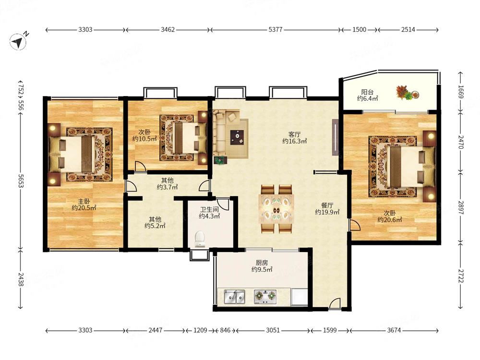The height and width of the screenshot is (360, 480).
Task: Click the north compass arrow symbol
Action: click(18, 41)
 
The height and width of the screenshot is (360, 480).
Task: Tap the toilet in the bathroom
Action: click(200, 239)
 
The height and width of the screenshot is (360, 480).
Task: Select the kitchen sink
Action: click(234, 297)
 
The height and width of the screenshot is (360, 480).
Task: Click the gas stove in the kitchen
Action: click(265, 296)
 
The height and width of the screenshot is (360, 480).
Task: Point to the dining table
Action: click(276, 209)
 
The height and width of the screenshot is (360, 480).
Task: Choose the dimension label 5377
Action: click(275, 30)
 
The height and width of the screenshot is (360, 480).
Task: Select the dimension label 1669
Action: click(460, 92)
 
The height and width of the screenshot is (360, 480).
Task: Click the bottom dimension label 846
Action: click(225, 330)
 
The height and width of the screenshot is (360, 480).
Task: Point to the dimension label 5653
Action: click(21, 181)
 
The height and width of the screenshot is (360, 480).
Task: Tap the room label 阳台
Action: click(367, 92)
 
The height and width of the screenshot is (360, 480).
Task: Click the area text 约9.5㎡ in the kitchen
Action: click(262, 270)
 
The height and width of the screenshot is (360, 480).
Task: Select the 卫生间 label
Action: click(209, 210)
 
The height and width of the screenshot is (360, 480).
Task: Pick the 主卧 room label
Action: click(84, 202)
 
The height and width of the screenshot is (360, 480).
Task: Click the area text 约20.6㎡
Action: click(390, 219)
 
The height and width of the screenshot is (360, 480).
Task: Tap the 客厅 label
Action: click(295, 134)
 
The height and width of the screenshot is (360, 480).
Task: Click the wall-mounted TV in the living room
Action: click(336, 137)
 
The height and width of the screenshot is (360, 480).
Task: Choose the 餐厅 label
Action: click(327, 205)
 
